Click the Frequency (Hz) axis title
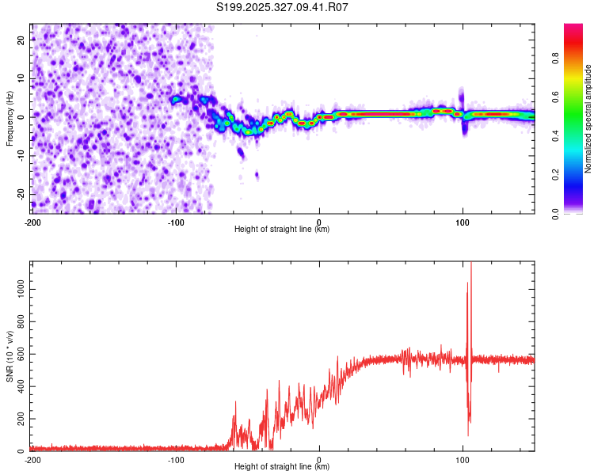(10, 119)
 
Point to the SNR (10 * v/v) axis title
(10, 356)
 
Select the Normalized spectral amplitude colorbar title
(588, 119)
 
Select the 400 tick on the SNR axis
(18, 386)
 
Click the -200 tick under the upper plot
(32, 222)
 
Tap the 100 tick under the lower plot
(463, 460)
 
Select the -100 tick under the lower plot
(176, 460)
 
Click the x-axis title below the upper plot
(282, 230)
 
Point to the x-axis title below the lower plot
(282, 467)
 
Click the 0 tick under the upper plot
(319, 222)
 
